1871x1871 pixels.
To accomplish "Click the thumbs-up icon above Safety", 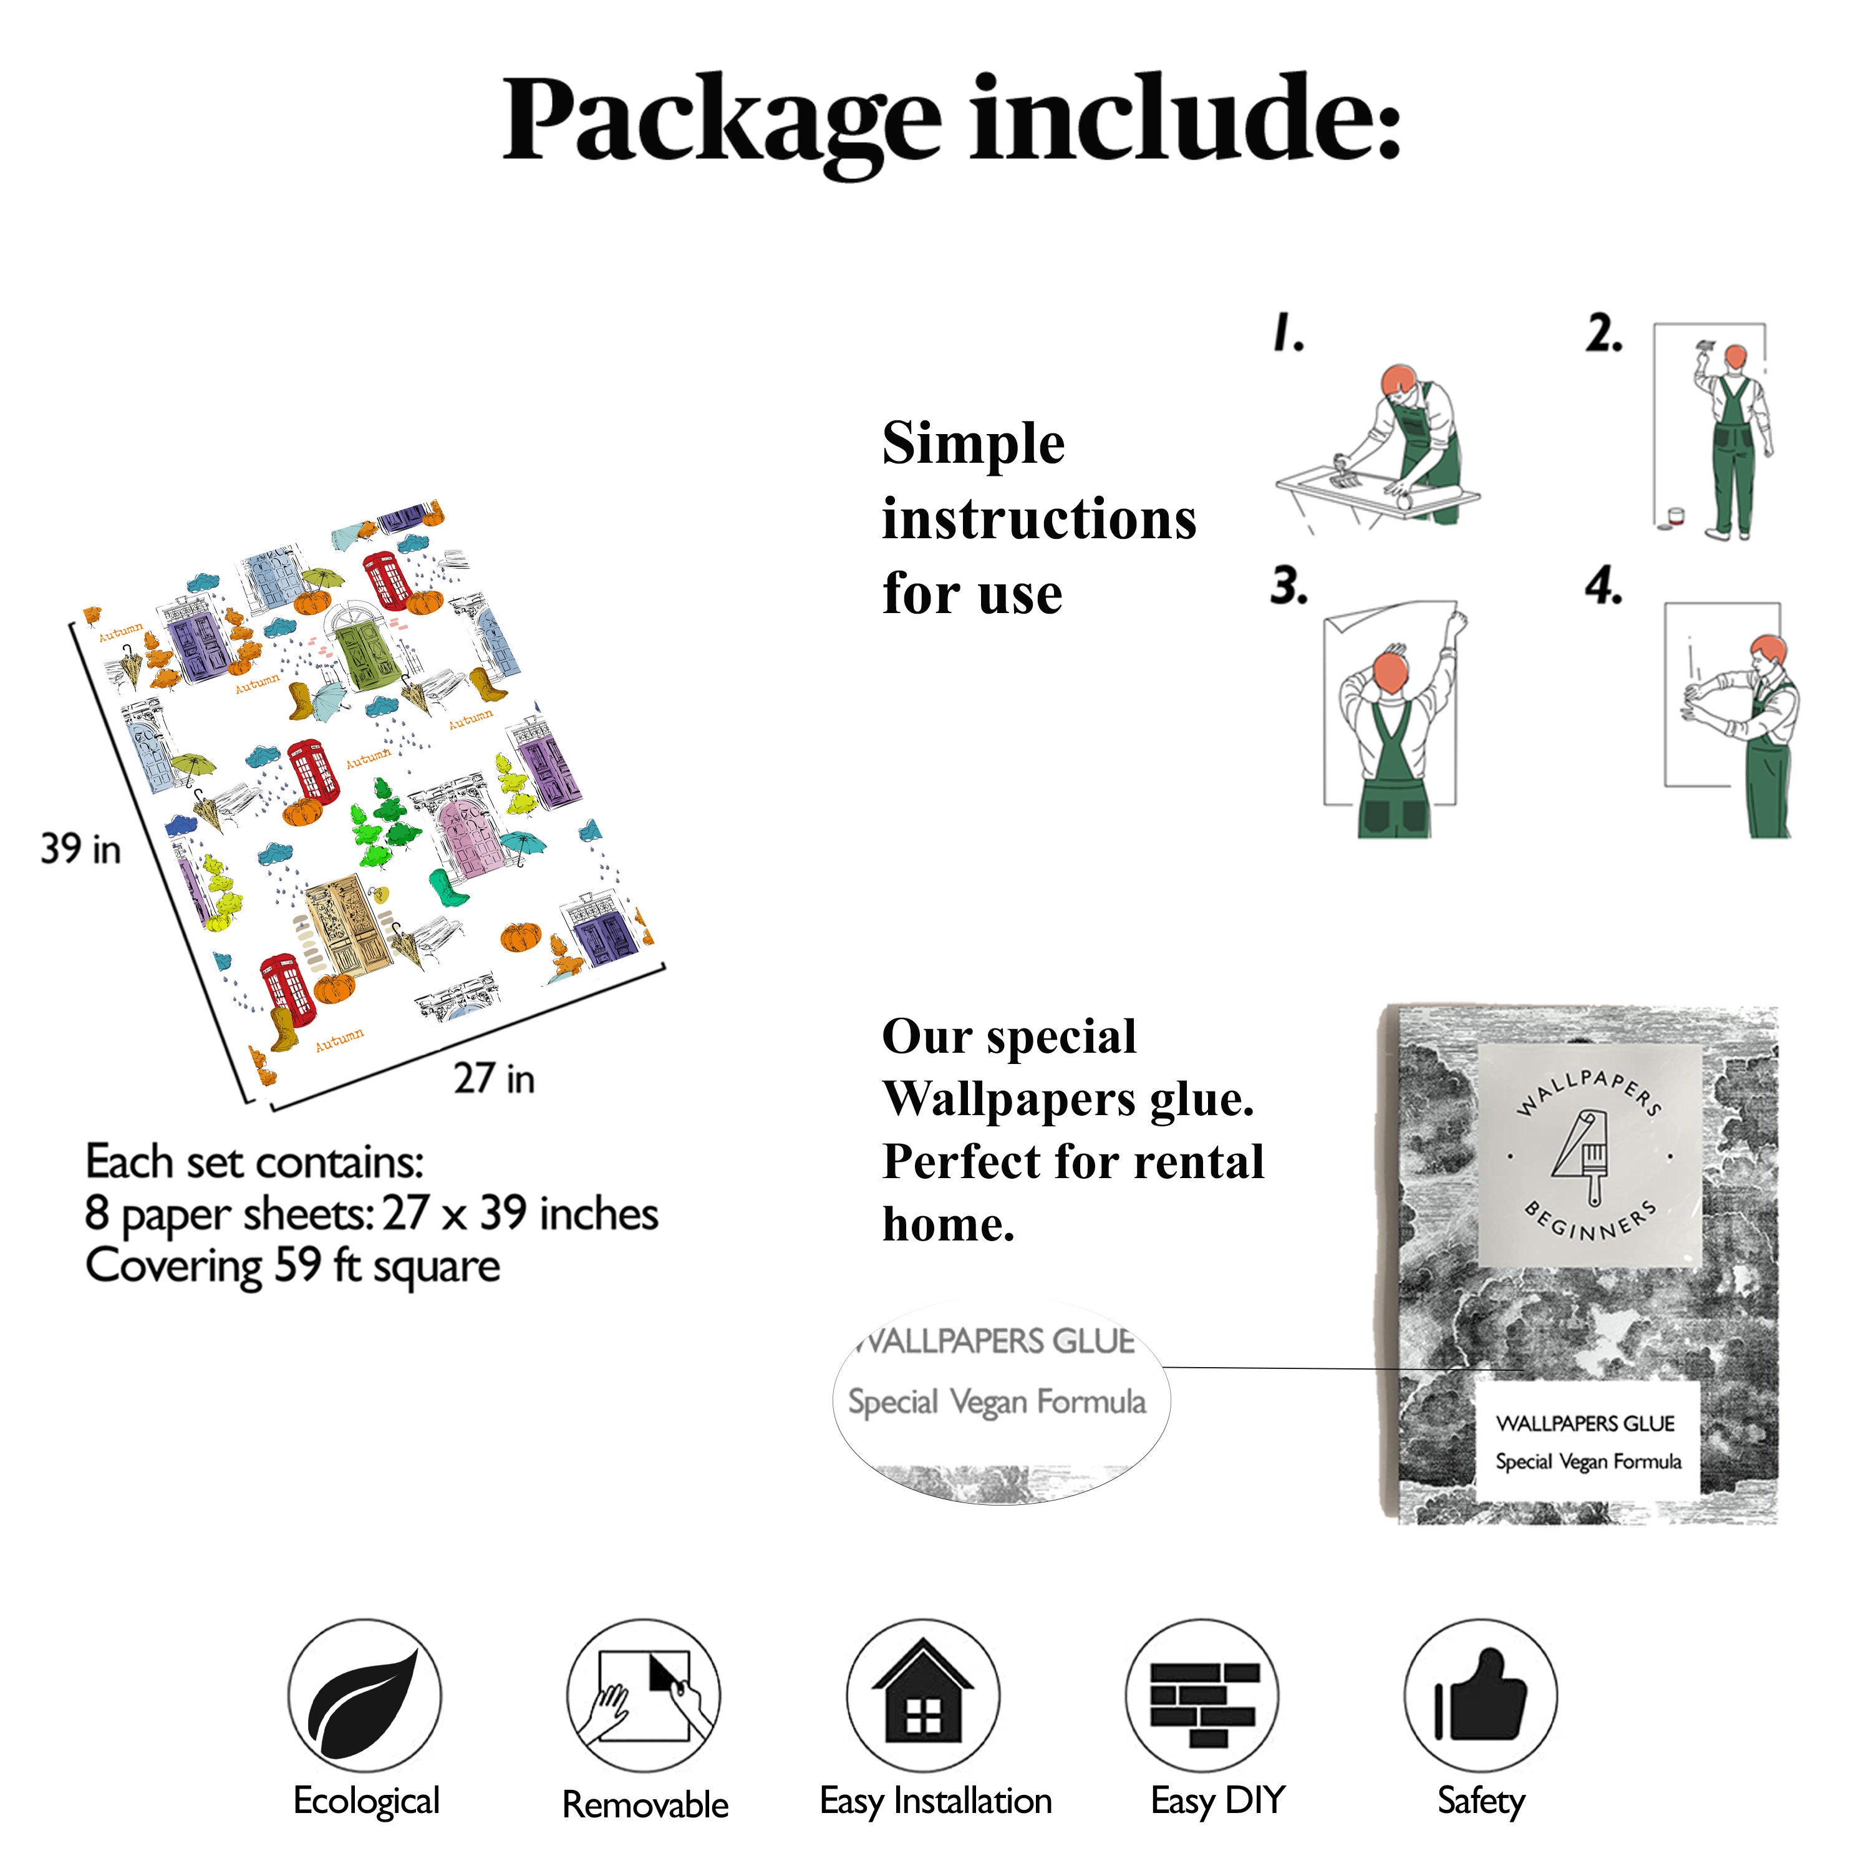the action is click(1480, 1696).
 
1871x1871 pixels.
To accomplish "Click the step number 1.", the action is click(1288, 332).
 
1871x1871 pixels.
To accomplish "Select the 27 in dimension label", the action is click(494, 1078).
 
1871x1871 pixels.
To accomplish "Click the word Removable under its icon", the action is click(645, 1805).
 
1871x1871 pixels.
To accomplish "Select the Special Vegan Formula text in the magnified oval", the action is click(997, 1401).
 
